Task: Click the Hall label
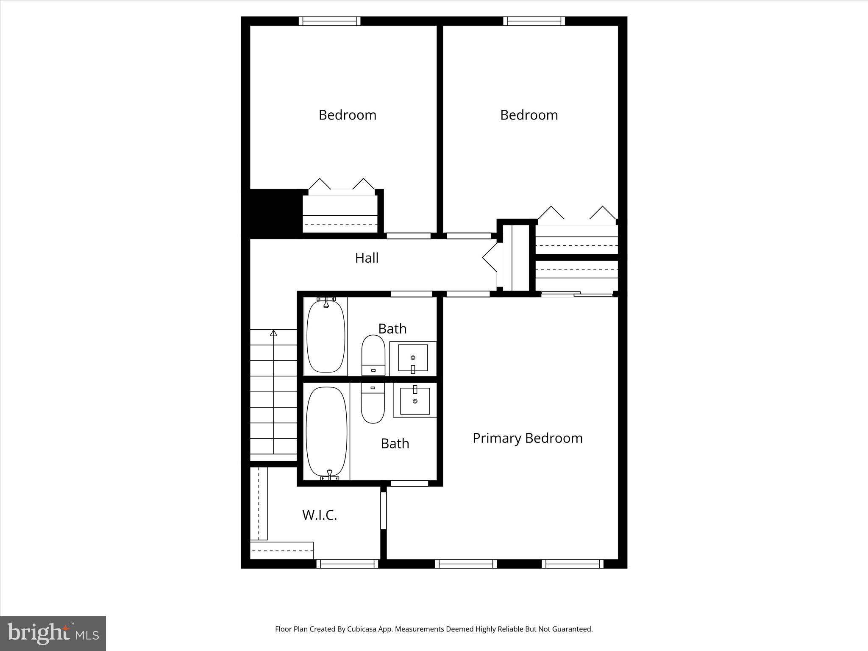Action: click(x=367, y=258)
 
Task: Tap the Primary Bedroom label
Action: click(x=527, y=438)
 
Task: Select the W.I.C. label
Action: click(x=320, y=515)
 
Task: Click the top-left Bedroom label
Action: click(x=347, y=115)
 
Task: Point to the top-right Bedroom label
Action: click(x=529, y=115)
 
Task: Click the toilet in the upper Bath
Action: click(x=373, y=355)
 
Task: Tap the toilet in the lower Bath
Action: click(x=373, y=403)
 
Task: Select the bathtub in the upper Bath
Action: click(x=325, y=336)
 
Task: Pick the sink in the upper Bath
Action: click(x=413, y=359)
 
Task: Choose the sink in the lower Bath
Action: click(x=415, y=401)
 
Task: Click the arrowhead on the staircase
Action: click(x=273, y=333)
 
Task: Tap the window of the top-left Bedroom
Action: click(x=329, y=21)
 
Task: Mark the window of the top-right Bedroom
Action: click(x=534, y=21)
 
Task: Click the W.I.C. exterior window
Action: click(x=347, y=564)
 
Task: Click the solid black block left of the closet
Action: click(x=271, y=213)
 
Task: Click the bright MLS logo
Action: click(x=53, y=633)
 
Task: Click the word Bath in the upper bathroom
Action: click(x=392, y=328)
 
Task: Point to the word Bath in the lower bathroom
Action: click(x=395, y=443)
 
